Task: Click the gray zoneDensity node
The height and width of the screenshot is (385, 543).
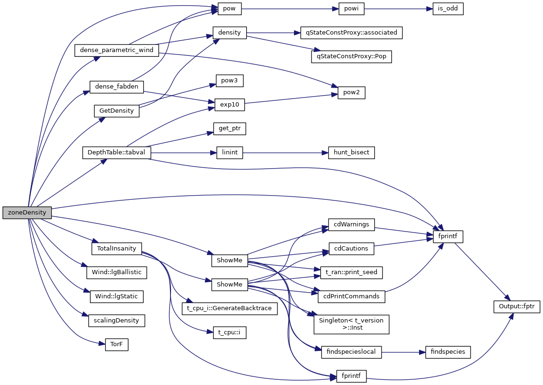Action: click(27, 213)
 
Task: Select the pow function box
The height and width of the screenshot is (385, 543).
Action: click(229, 9)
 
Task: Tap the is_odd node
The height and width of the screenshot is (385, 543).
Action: click(447, 9)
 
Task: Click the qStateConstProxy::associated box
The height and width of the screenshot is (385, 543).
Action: click(351, 33)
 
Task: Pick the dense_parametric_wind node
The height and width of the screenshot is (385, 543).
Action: click(116, 50)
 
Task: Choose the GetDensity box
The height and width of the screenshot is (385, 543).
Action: click(116, 111)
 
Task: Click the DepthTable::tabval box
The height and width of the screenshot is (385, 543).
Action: click(116, 152)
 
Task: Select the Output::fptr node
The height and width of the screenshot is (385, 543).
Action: click(516, 306)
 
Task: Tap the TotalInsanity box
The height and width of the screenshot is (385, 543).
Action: click(116, 248)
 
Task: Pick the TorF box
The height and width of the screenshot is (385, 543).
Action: click(116, 344)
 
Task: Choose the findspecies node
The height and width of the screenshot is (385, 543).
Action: click(447, 351)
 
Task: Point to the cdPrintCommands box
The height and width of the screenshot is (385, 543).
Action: click(351, 296)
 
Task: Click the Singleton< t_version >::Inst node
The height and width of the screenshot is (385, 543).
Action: click(351, 324)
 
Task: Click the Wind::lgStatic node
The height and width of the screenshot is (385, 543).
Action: click(116, 296)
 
